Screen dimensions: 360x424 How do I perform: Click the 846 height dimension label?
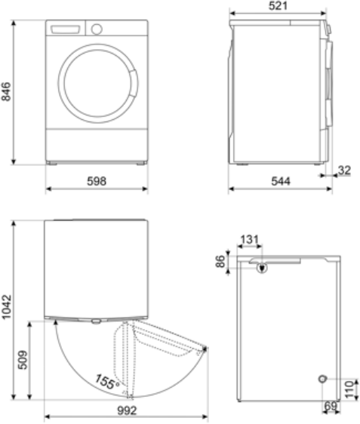tap(6, 92)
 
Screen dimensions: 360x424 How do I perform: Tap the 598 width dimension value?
tap(97, 181)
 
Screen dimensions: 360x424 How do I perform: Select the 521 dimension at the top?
tap(278, 6)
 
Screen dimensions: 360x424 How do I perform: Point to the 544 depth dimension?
tap(281, 181)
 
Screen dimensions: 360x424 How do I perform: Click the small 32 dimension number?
tap(344, 170)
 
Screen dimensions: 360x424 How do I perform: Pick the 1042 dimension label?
tap(6, 306)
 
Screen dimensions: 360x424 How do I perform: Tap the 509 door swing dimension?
tap(23, 360)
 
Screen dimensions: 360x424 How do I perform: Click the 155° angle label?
tap(107, 382)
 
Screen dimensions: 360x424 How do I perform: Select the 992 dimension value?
tap(127, 410)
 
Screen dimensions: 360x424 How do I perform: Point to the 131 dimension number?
tap(249, 240)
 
